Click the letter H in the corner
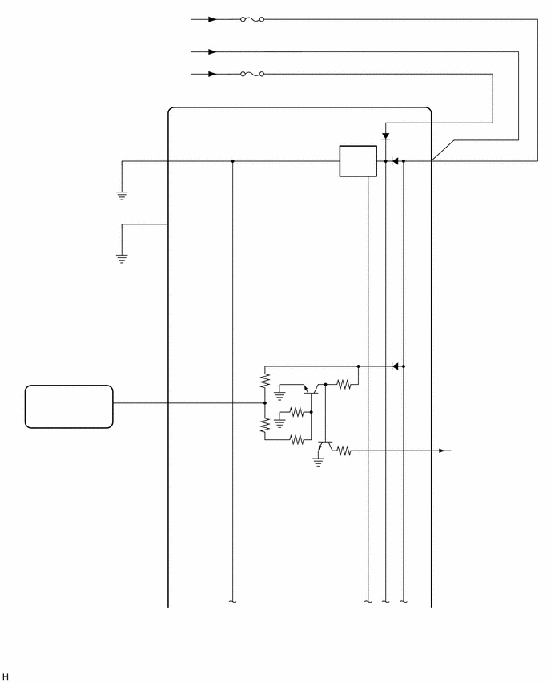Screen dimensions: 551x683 click(x=6, y=677)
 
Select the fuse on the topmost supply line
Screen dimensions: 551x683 click(x=252, y=19)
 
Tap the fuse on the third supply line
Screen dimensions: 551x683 click(x=252, y=74)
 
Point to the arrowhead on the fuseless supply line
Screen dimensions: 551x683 click(x=212, y=52)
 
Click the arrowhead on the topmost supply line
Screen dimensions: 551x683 click(x=212, y=19)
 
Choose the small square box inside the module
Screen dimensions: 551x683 click(x=358, y=161)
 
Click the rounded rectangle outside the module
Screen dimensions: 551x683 click(x=69, y=406)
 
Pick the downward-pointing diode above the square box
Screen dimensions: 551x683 click(x=385, y=136)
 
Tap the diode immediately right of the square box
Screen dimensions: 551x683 click(x=395, y=161)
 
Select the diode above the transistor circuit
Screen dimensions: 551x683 click(x=395, y=366)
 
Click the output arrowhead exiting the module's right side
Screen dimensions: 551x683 click(x=443, y=451)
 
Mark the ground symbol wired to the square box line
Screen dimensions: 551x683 click(x=122, y=196)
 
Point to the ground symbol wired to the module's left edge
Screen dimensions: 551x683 click(x=122, y=259)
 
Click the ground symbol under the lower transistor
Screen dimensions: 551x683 click(x=319, y=462)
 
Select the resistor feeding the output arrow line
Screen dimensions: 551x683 click(x=344, y=451)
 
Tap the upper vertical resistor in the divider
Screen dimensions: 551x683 click(x=265, y=380)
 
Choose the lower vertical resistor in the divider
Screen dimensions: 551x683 click(x=265, y=426)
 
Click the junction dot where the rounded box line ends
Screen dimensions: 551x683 click(x=265, y=403)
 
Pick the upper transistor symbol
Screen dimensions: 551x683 click(x=311, y=389)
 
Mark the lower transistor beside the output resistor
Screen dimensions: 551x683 click(x=324, y=446)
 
